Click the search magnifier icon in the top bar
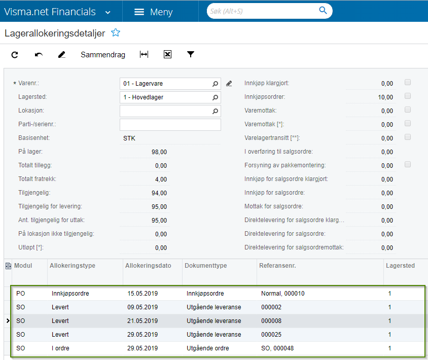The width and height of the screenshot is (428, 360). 323,10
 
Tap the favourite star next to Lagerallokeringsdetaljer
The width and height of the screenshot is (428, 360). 116,33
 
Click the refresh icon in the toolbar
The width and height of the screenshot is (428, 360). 15,55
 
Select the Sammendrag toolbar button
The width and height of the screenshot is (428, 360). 103,55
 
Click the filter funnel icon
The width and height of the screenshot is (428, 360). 191,54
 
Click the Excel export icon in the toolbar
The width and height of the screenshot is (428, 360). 167,54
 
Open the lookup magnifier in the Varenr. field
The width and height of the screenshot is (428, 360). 215,84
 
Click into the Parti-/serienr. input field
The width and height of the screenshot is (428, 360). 170,125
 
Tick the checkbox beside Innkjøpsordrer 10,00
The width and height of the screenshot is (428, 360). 408,96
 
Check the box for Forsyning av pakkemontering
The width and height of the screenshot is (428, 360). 408,164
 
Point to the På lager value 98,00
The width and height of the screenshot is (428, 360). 159,152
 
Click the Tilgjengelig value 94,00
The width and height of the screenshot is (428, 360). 159,193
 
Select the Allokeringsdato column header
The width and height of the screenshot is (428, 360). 148,266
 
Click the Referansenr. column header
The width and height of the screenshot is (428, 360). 277,266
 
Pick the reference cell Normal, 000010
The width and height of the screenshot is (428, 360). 283,294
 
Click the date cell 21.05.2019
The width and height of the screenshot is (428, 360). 142,320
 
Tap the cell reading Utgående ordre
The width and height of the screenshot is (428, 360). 208,348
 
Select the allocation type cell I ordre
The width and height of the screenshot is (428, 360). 60,348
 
